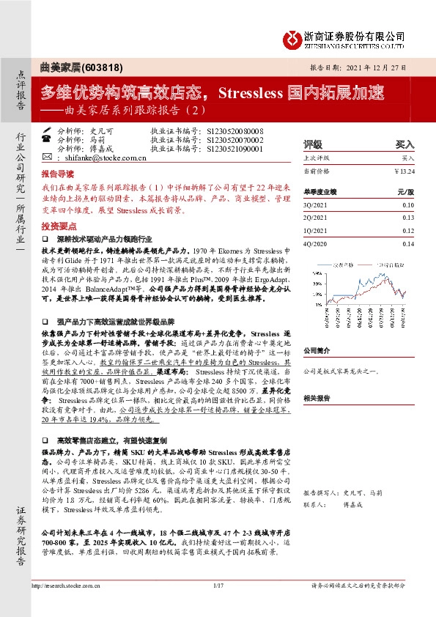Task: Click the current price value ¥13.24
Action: point(404,171)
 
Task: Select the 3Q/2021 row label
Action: point(314,206)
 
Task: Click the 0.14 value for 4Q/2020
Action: point(408,244)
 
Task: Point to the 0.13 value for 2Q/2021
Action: point(408,218)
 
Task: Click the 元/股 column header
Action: point(405,191)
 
